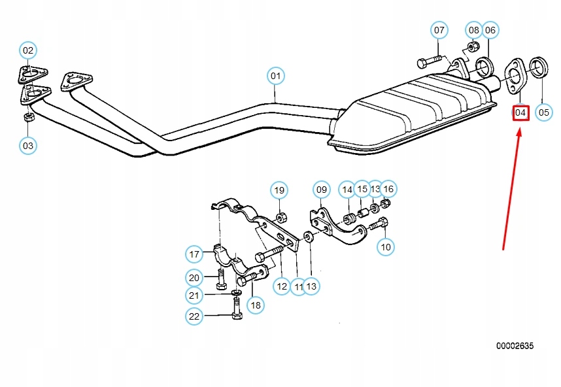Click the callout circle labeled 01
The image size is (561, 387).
[276, 76]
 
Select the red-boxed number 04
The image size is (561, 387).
[520, 112]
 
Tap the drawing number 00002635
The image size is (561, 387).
[514, 346]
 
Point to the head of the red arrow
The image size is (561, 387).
[520, 129]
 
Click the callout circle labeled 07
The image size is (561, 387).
[439, 30]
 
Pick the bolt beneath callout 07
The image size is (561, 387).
[430, 63]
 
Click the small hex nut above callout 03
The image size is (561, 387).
[28, 118]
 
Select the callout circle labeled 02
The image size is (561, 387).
[28, 50]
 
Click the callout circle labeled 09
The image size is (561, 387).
[321, 190]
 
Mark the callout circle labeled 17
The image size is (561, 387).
[194, 254]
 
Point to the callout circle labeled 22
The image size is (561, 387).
[194, 316]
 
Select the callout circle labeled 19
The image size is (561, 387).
[280, 190]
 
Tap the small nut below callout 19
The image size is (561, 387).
[280, 216]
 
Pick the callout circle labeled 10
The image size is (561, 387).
[386, 246]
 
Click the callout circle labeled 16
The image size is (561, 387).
[388, 189]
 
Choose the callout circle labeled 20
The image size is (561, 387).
[194, 277]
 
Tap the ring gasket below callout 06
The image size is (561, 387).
[484, 67]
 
